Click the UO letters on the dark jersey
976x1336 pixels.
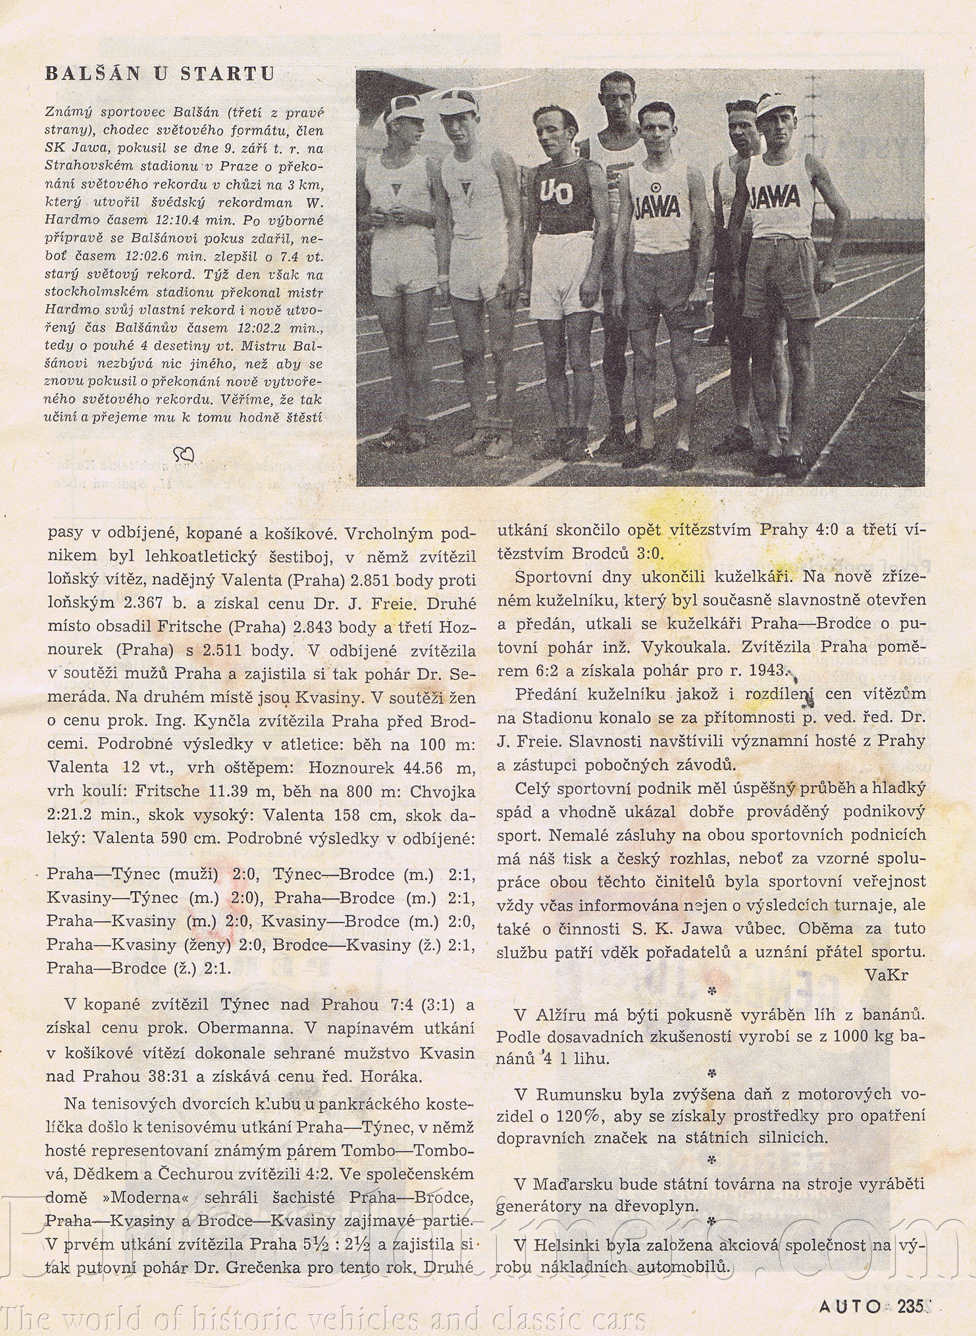(x=556, y=193)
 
